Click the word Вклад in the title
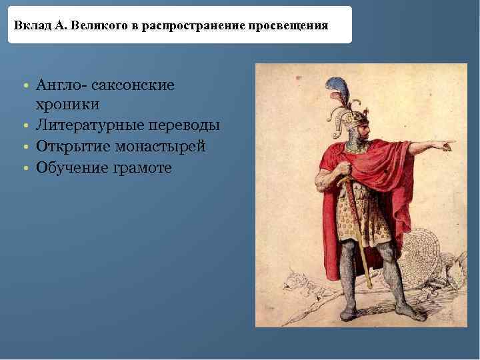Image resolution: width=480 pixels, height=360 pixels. pyautogui.click(x=29, y=26)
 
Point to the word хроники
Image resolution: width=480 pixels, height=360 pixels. pyautogui.click(x=69, y=105)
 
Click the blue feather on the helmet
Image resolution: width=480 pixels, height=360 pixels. pyautogui.click(x=333, y=87)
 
